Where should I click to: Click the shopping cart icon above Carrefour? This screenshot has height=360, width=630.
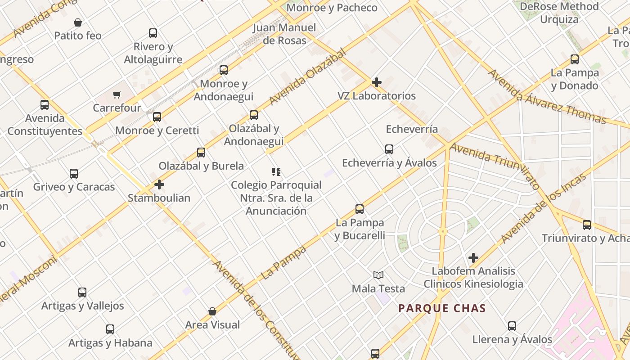(117, 94)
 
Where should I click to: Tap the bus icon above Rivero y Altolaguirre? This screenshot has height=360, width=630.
(153, 33)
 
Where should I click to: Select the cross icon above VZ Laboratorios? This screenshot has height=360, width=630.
(377, 82)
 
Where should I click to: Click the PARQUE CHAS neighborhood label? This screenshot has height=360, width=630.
(442, 308)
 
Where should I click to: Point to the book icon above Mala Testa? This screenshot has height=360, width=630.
(378, 275)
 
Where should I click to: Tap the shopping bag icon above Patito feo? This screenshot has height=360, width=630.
(78, 22)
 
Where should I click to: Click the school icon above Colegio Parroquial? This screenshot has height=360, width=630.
(276, 171)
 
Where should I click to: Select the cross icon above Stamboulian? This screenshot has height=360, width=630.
(159, 184)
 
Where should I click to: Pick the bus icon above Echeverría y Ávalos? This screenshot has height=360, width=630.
(389, 149)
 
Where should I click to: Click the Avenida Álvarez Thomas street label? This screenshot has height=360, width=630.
(547, 96)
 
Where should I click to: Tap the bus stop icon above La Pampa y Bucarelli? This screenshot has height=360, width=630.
(360, 209)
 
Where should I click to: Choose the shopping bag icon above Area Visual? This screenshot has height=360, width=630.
(212, 311)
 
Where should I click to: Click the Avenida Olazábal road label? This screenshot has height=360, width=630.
(308, 77)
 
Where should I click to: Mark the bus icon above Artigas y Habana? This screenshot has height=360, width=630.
(110, 329)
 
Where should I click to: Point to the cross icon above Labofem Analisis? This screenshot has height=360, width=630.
(473, 258)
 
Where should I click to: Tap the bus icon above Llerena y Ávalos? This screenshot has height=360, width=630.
(512, 326)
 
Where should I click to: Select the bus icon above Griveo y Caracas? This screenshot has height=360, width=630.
(74, 174)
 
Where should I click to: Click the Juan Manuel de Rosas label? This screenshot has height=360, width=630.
(284, 34)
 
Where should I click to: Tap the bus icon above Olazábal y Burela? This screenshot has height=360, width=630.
(201, 153)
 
